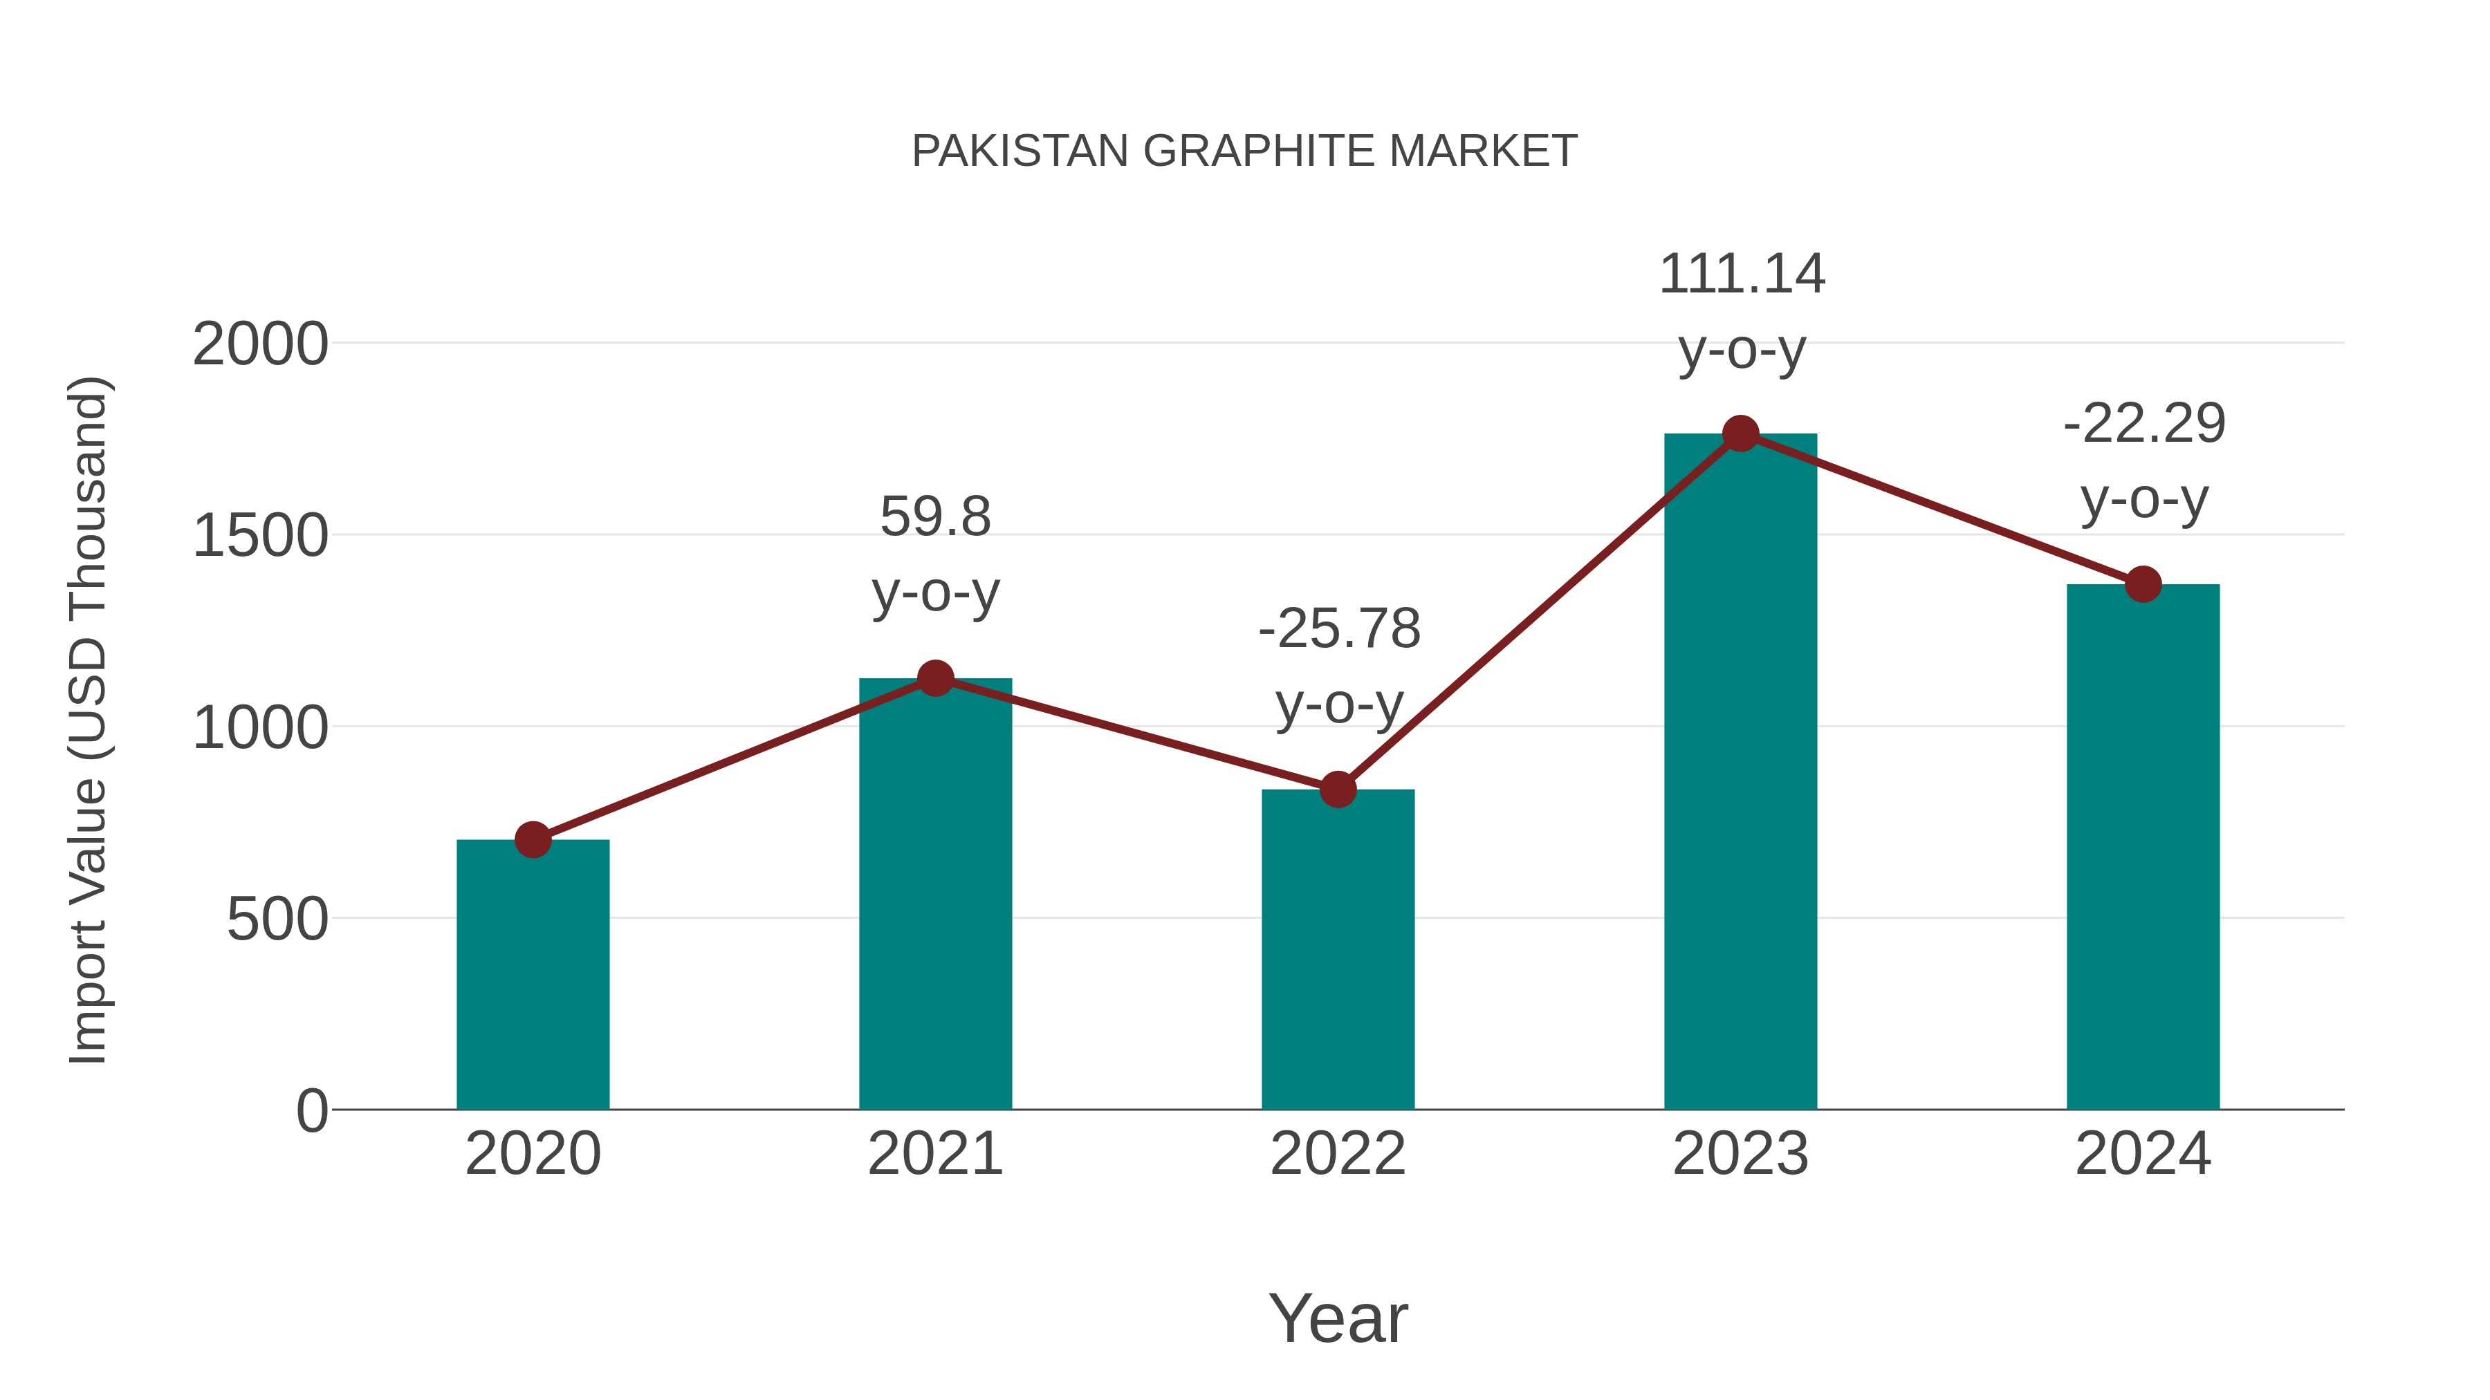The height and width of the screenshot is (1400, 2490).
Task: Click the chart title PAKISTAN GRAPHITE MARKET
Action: (x=1244, y=151)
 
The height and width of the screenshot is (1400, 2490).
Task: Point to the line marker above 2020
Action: (x=533, y=839)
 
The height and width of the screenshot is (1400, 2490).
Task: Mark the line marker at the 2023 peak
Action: (x=1740, y=433)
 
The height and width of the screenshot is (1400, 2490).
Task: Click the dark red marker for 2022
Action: (x=1338, y=790)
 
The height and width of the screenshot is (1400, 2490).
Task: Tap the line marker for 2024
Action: (x=2143, y=584)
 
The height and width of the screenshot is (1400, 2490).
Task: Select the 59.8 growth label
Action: (x=934, y=517)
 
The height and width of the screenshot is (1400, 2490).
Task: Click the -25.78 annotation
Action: (x=1339, y=629)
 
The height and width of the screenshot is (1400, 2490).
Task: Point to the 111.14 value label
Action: (x=1741, y=274)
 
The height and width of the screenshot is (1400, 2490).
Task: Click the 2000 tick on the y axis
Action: (x=260, y=344)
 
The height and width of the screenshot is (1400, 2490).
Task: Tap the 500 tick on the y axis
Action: (x=277, y=919)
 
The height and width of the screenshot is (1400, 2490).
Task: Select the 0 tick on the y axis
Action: (x=311, y=1110)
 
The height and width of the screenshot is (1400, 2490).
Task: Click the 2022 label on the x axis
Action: (x=1338, y=1154)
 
